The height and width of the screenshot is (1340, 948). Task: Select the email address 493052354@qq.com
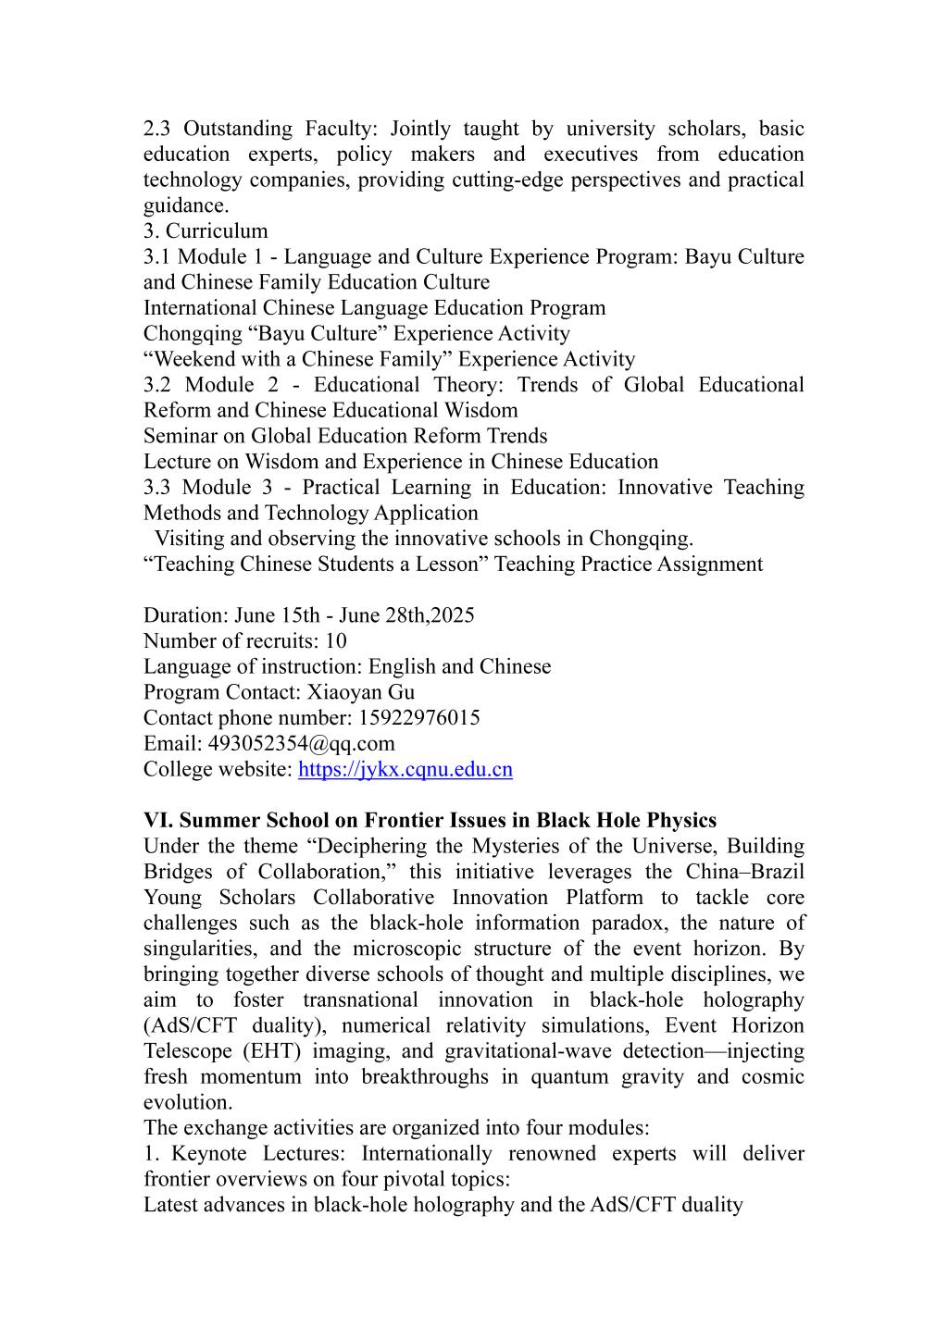301,744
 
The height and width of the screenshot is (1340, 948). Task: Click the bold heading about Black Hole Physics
430,821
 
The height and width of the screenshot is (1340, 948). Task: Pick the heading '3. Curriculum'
206,231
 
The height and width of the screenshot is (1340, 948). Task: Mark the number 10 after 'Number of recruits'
336,641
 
